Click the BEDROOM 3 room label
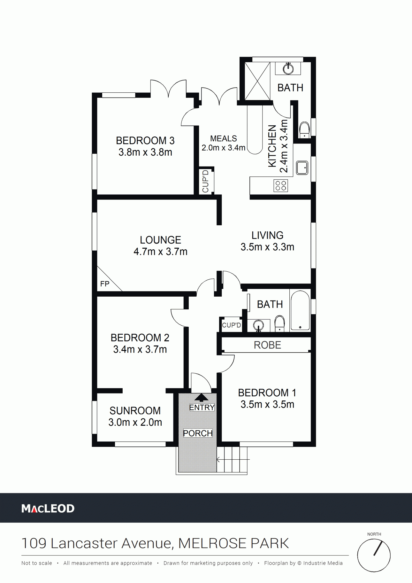click(145, 141)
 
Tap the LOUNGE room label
click(160, 240)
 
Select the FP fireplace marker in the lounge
click(105, 284)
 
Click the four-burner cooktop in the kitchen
click(281, 186)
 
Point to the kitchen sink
click(302, 168)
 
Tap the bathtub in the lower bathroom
click(300, 310)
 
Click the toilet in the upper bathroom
click(304, 129)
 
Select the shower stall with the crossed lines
click(257, 81)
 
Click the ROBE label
click(267, 345)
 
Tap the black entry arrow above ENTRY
click(201, 397)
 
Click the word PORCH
click(198, 433)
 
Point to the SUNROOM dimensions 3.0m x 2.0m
click(135, 423)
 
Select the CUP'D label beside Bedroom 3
click(205, 181)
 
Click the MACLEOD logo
click(48, 509)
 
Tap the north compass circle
click(374, 556)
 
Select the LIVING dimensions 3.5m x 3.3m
click(267, 247)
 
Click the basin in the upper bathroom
click(288, 69)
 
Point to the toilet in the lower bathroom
click(280, 323)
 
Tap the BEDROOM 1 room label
click(267, 393)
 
